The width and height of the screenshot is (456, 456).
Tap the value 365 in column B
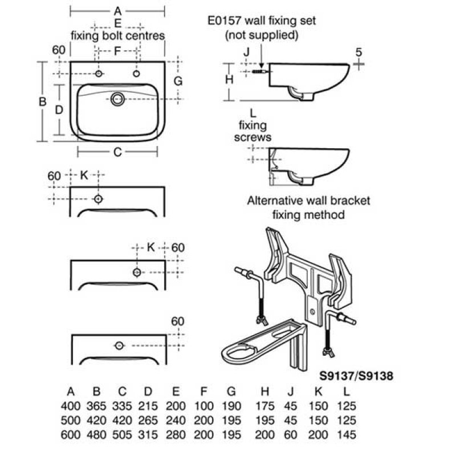(x=96, y=406)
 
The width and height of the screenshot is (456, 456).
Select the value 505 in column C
(x=122, y=434)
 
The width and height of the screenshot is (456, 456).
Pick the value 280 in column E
(x=176, y=434)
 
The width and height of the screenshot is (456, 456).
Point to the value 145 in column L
(x=346, y=434)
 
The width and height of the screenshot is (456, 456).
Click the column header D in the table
(x=148, y=392)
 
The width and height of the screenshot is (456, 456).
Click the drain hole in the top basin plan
(x=118, y=99)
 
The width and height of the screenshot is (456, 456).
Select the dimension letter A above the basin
(x=117, y=11)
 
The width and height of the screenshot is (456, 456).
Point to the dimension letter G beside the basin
(x=178, y=81)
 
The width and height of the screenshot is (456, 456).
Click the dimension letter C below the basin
(x=117, y=152)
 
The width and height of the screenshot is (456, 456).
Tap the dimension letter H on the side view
(x=229, y=80)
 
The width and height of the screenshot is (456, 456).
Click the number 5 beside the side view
(x=359, y=52)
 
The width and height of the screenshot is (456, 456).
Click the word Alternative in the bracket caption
(x=272, y=201)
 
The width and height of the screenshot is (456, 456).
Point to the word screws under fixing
(x=254, y=137)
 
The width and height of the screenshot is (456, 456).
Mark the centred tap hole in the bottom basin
(x=119, y=345)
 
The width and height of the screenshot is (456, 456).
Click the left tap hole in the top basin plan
(x=99, y=74)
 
